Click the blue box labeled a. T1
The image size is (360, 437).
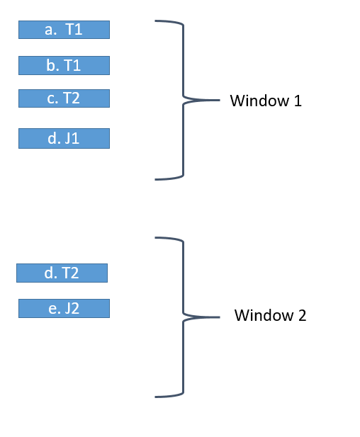pyautogui.click(x=64, y=29)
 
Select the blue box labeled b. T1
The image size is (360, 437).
pyautogui.click(x=64, y=65)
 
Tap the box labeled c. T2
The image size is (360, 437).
pyautogui.click(x=64, y=98)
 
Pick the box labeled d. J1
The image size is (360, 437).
pyautogui.click(x=64, y=138)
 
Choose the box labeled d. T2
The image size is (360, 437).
pyautogui.click(x=62, y=273)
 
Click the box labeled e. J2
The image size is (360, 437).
pyautogui.click(x=64, y=308)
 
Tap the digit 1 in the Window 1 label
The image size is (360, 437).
pyautogui.click(x=298, y=101)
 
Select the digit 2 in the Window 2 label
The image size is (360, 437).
pyautogui.click(x=303, y=315)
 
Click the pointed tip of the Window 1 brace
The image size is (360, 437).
pyautogui.click(x=219, y=100)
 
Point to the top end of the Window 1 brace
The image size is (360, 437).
pyautogui.click(x=156, y=21)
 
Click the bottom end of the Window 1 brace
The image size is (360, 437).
pyautogui.click(x=156, y=179)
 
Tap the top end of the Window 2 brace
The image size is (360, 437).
pyautogui.click(x=156, y=238)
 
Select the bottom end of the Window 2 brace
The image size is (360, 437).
pyautogui.click(x=156, y=396)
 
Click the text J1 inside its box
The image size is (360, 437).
pyautogui.click(x=72, y=138)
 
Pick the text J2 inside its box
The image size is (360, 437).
pyautogui.click(x=72, y=308)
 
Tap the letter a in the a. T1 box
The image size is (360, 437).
pyautogui.click(x=49, y=30)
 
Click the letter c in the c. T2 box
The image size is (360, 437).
pyautogui.click(x=52, y=98)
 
